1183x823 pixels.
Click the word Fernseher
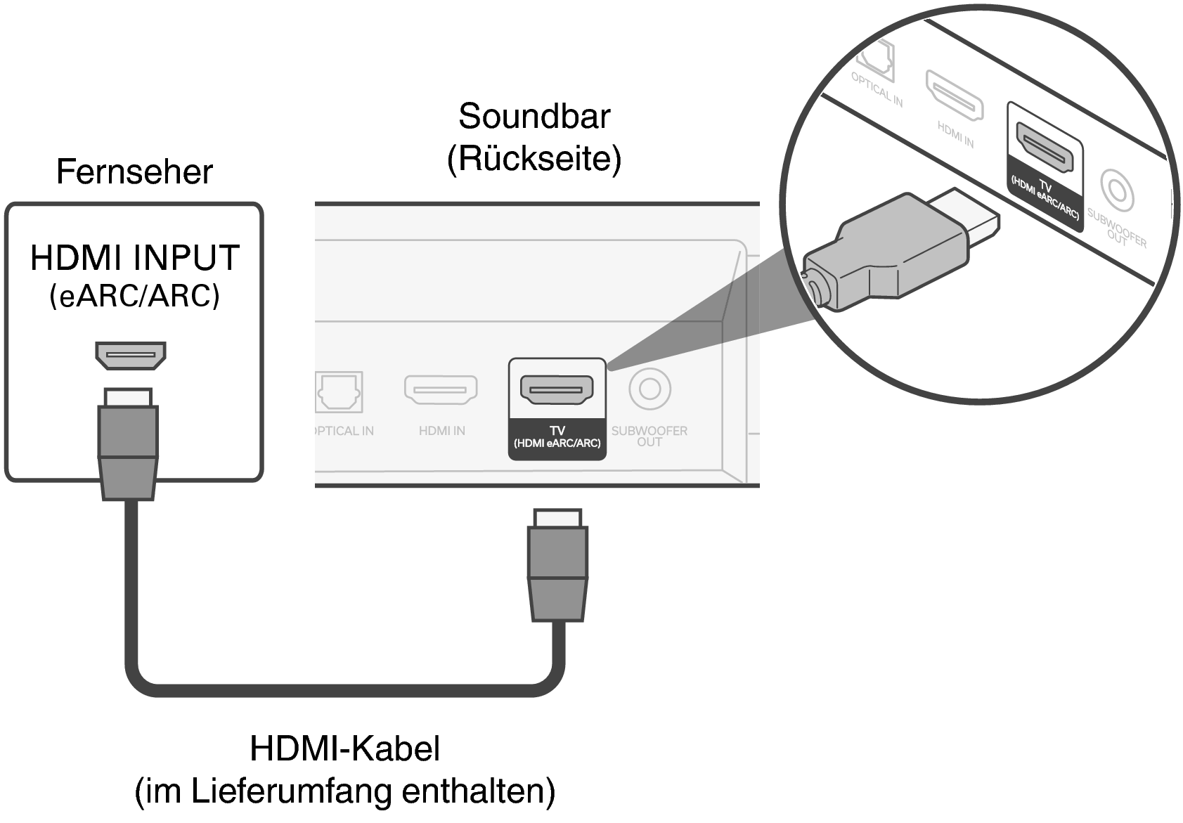[134, 172]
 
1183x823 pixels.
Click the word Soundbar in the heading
[534, 117]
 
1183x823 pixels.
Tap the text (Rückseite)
[534, 159]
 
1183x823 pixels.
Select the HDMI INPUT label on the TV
[134, 258]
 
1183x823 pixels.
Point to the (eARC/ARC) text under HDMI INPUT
[134, 296]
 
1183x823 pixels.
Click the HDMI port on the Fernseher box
[131, 355]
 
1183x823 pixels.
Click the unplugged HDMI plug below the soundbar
[557, 566]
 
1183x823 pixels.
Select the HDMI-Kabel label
[344, 749]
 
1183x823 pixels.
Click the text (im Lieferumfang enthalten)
[344, 791]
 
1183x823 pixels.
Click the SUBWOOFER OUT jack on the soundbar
[649, 389]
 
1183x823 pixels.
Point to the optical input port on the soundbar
[340, 391]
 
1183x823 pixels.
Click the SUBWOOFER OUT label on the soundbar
[649, 436]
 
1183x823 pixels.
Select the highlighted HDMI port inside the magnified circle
[1047, 148]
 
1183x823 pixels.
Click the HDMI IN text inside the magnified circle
[955, 134]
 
